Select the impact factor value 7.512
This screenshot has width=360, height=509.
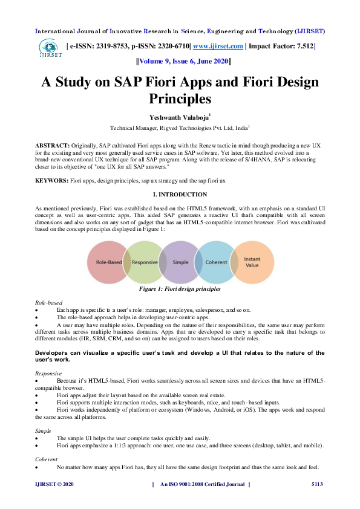pos(301,46)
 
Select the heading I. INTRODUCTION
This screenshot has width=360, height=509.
pos(180,195)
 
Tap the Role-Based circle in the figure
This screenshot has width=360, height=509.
pos(106,263)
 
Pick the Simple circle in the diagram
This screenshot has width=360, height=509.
pos(180,263)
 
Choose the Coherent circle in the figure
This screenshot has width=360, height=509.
pos(215,263)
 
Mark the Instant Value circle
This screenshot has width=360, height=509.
pos(252,262)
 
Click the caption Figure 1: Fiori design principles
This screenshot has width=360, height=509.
pos(180,290)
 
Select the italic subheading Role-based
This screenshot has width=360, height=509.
pos(49,302)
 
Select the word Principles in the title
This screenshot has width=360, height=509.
pos(180,97)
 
